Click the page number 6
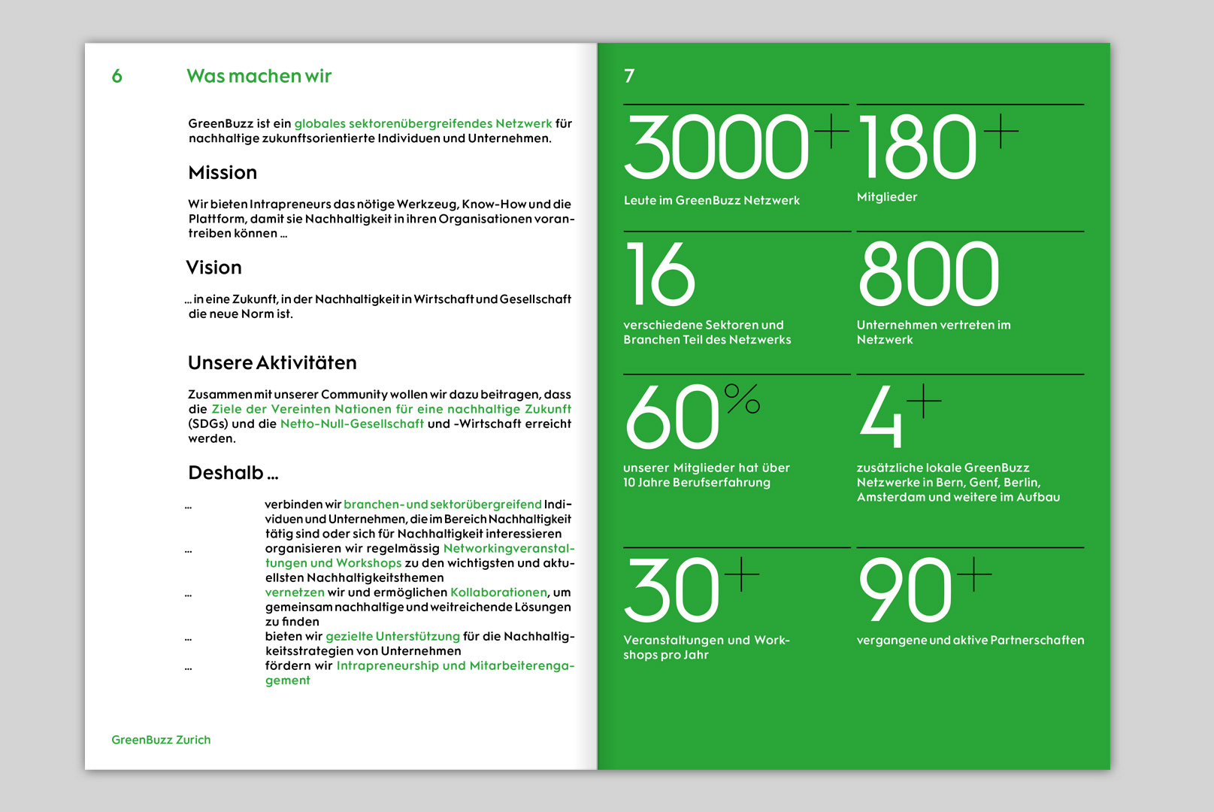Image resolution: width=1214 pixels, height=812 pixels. [x=117, y=76]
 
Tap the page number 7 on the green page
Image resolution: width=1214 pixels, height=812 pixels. [x=629, y=76]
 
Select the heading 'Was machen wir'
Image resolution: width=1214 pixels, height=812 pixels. [x=259, y=76]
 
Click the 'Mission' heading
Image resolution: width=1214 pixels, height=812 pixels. [x=223, y=173]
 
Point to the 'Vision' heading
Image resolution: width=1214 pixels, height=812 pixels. [x=214, y=268]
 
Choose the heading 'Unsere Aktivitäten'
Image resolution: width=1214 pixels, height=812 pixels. [x=272, y=363]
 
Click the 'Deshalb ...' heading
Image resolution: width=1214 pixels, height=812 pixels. [x=233, y=473]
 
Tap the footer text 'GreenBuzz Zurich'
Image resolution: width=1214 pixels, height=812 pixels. [x=161, y=740]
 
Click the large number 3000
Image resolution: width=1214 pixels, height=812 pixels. [x=716, y=147]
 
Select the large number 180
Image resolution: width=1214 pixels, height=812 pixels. [x=917, y=147]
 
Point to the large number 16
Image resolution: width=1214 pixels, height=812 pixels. [x=659, y=274]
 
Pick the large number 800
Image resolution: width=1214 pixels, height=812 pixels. [x=929, y=274]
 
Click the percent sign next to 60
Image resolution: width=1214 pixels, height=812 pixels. [x=742, y=398]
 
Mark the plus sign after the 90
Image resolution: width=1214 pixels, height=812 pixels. [x=974, y=574]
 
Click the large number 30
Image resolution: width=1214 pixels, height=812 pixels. [x=671, y=590]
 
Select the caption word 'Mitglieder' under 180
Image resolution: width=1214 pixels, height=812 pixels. [x=887, y=197]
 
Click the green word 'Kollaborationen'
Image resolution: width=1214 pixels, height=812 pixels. [x=498, y=592]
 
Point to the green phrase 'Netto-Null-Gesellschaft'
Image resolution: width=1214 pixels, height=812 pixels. [x=352, y=424]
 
